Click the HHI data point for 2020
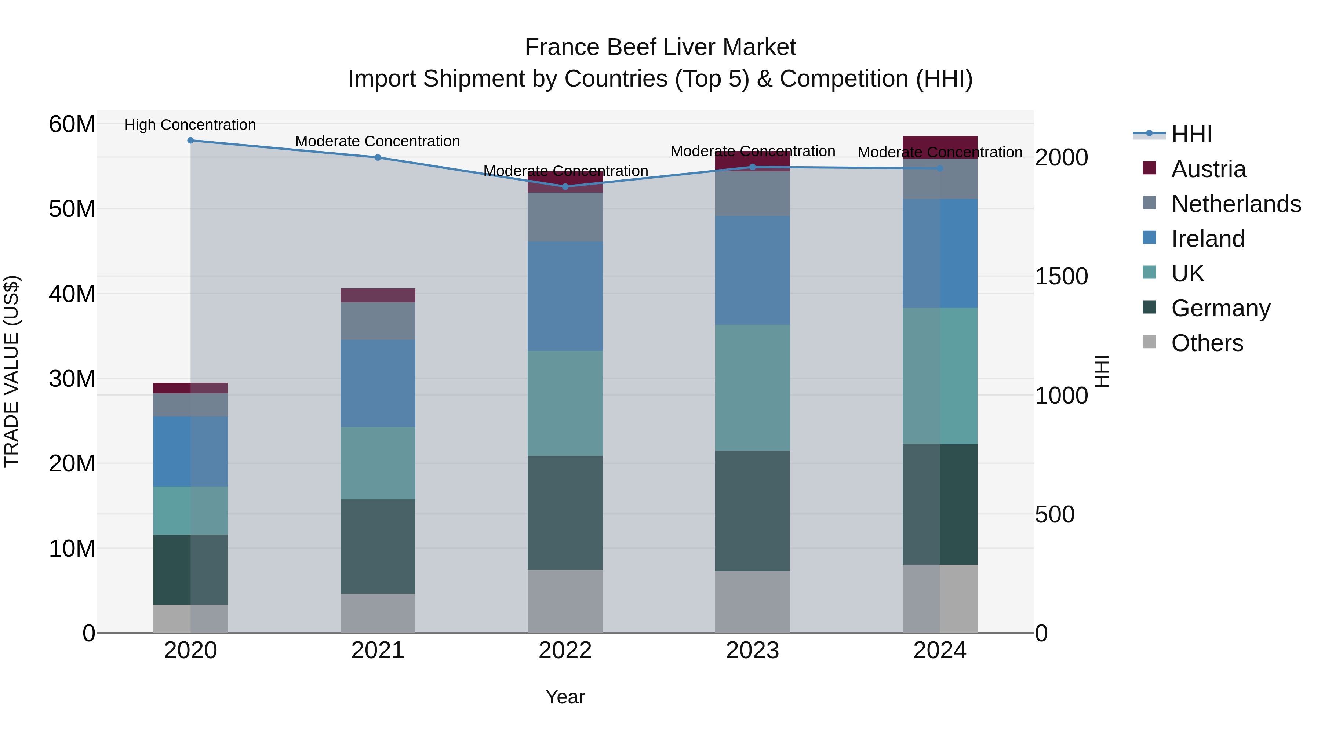190,141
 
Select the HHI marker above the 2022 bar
565,187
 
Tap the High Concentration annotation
190,125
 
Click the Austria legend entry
1208,169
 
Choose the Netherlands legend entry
1236,204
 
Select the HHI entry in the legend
1191,134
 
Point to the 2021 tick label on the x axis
378,651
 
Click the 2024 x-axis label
939,651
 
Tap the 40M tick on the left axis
72,294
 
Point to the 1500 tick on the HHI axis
1061,276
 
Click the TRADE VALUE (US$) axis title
12,371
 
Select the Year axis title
565,697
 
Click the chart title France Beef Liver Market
660,47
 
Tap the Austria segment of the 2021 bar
378,295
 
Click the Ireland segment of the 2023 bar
752,270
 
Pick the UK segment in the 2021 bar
378,463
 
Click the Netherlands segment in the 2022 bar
565,217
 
